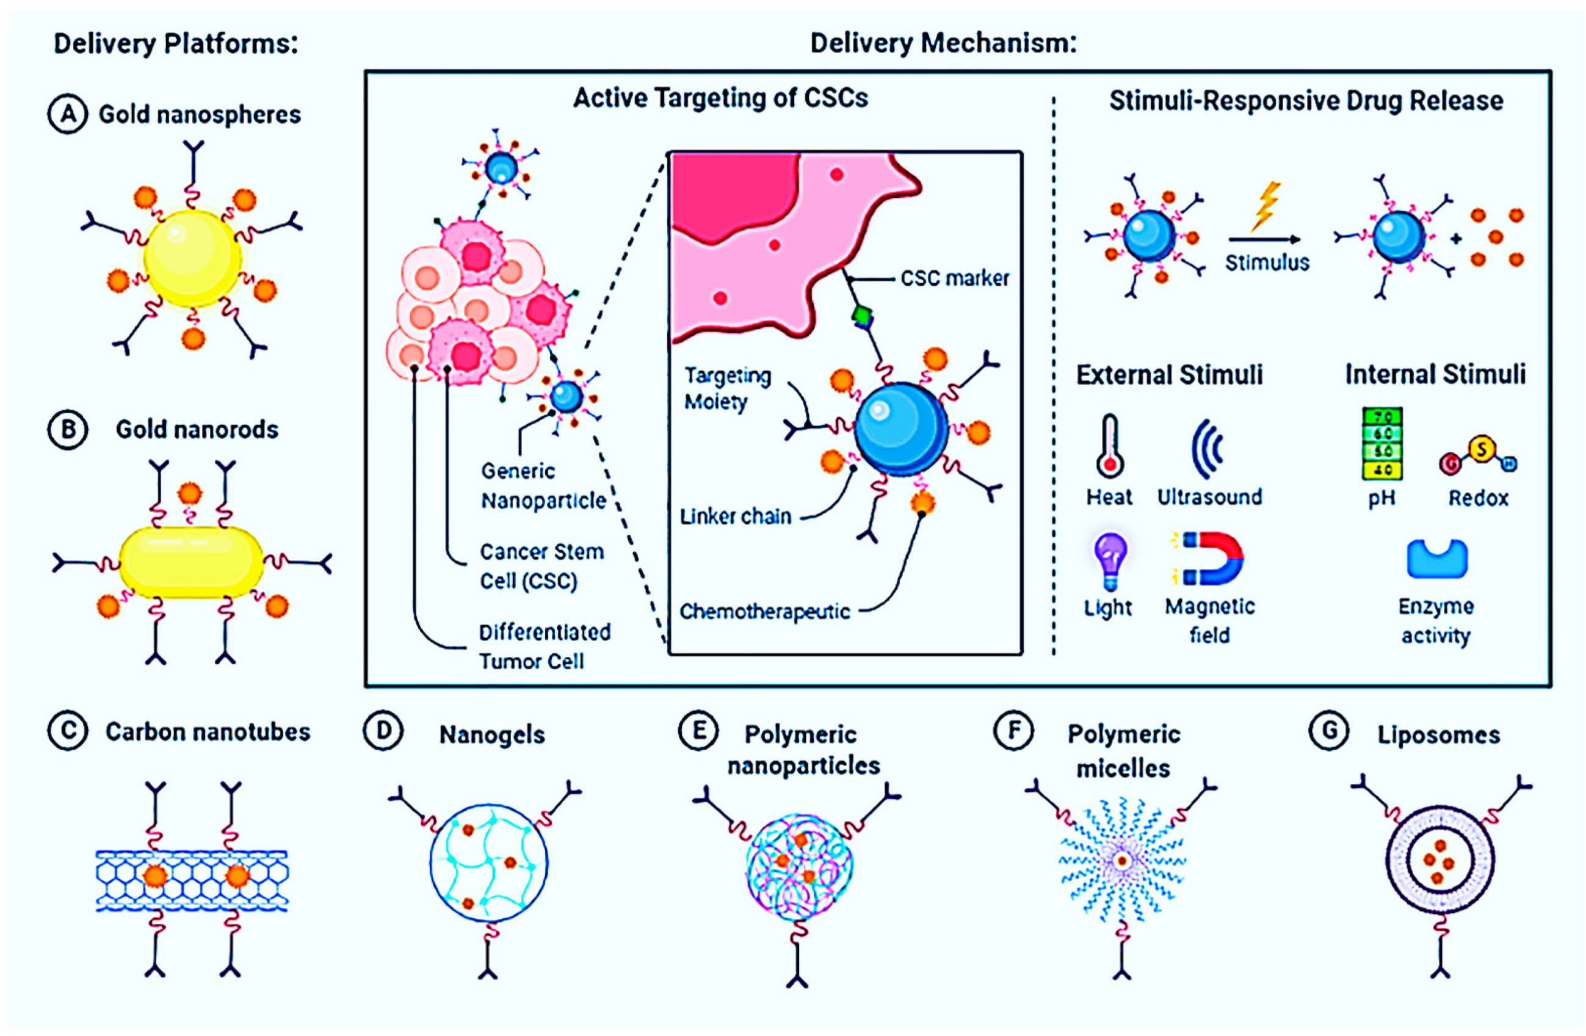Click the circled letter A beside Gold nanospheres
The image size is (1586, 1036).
click(67, 114)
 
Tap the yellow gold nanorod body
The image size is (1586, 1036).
click(191, 562)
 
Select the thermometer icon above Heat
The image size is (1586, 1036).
click(1110, 446)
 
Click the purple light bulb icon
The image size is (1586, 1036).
click(1110, 560)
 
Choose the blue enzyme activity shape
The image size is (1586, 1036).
click(1436, 559)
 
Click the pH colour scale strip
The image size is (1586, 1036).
click(1382, 443)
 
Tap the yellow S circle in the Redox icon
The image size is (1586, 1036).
click(1482, 449)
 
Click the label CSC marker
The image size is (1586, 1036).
click(954, 278)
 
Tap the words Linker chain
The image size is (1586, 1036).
click(735, 516)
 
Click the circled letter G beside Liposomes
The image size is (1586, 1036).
click(1330, 731)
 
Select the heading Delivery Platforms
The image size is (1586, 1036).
click(176, 43)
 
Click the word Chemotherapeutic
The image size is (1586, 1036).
click(764, 612)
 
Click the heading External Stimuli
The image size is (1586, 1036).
click(1169, 374)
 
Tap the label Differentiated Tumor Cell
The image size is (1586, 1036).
click(544, 647)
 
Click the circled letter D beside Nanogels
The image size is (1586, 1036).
click(383, 731)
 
